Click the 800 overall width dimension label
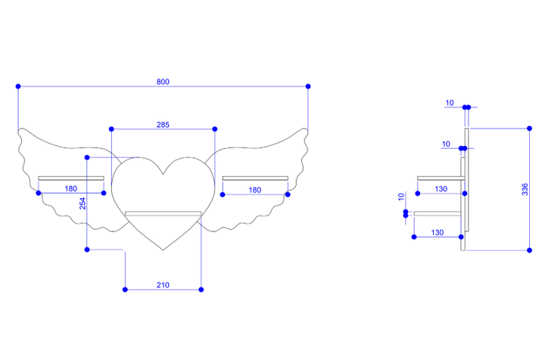pyautogui.click(x=163, y=82)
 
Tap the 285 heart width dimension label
pyautogui.click(x=163, y=125)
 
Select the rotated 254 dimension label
pyautogui.click(x=83, y=203)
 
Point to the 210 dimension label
pyautogui.click(x=163, y=285)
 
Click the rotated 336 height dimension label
pyautogui.click(x=525, y=189)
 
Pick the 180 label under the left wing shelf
pyautogui.click(x=71, y=189)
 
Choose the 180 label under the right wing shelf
pyautogui.click(x=255, y=191)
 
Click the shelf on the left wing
pyautogui.click(x=71, y=178)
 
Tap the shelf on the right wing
pyautogui.click(x=255, y=178)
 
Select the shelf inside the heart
pyautogui.click(x=163, y=213)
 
